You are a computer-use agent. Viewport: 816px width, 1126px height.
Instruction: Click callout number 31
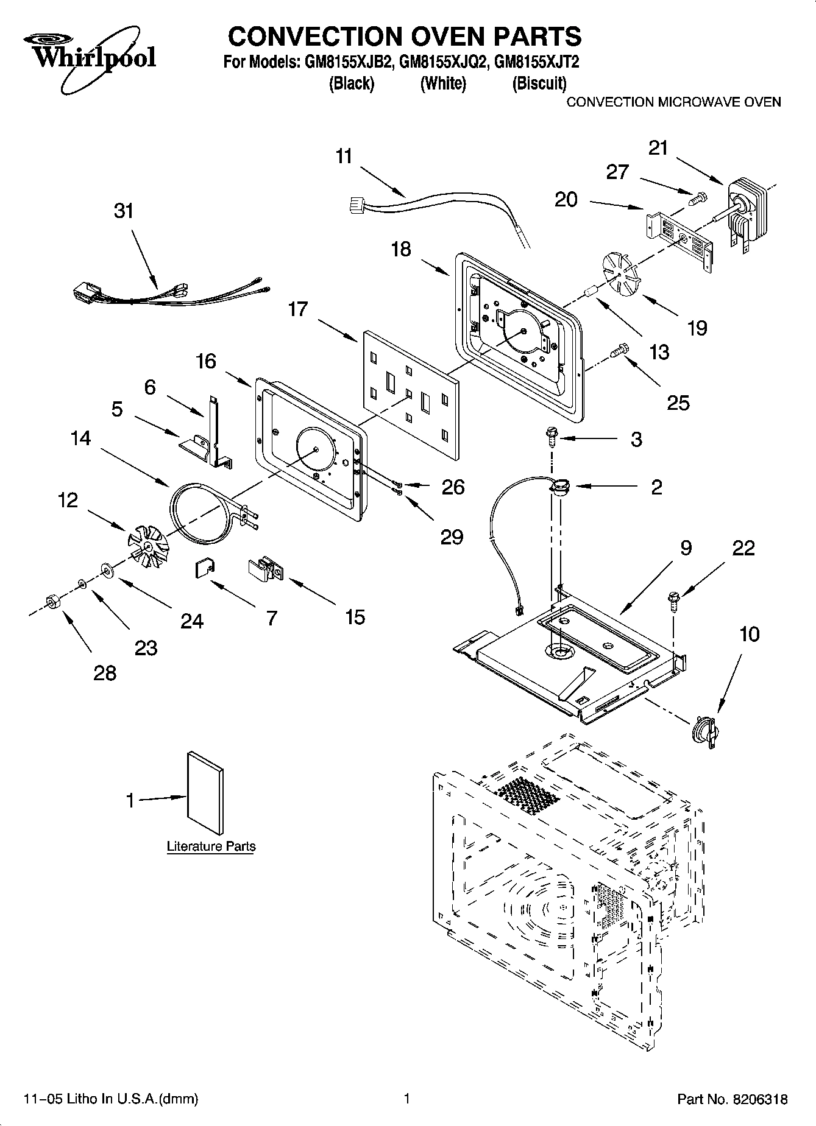click(124, 211)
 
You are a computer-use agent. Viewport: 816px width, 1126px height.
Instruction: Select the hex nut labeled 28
click(52, 602)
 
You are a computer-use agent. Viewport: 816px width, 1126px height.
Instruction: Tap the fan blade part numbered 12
click(146, 540)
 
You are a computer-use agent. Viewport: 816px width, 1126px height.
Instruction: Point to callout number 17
click(298, 309)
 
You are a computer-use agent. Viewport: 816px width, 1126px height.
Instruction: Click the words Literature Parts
click(211, 846)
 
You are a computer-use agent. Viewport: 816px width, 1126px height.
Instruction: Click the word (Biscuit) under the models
click(539, 83)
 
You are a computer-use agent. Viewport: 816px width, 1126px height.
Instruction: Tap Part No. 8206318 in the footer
click(733, 1099)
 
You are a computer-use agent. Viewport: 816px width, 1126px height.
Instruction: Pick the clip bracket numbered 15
click(265, 569)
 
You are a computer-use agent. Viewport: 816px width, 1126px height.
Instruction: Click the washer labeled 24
click(108, 571)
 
